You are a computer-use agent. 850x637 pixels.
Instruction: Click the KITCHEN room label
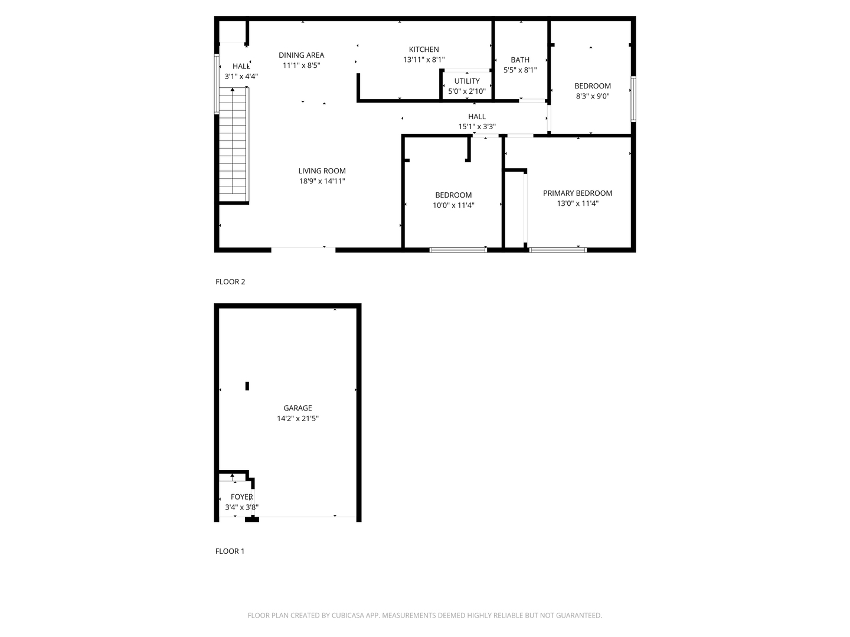click(424, 50)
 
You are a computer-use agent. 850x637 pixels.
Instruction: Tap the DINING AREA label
click(301, 55)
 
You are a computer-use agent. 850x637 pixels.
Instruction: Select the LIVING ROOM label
click(322, 171)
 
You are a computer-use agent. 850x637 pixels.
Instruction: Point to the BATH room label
click(519, 60)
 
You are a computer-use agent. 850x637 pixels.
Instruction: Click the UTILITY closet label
click(467, 81)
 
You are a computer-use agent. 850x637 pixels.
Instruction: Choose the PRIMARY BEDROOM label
click(577, 193)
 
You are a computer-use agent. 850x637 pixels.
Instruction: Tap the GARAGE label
click(297, 408)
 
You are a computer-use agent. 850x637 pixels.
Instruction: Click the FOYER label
click(241, 497)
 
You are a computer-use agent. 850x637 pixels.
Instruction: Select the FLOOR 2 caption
click(230, 282)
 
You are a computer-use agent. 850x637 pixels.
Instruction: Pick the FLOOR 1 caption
click(230, 551)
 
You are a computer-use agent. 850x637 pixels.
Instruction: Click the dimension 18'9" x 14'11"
click(322, 181)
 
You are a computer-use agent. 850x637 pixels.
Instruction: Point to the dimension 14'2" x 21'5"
click(297, 418)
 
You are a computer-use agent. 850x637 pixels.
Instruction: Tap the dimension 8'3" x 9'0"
click(593, 96)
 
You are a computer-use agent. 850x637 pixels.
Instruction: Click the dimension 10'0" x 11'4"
click(453, 205)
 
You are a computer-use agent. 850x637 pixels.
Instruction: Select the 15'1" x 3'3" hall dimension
click(477, 126)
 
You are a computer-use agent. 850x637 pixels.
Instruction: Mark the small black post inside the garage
click(247, 386)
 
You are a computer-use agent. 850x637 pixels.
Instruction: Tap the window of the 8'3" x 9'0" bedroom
click(633, 99)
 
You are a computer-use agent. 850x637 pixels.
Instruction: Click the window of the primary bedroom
click(558, 250)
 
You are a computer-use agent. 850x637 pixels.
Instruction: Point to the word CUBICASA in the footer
click(348, 615)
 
